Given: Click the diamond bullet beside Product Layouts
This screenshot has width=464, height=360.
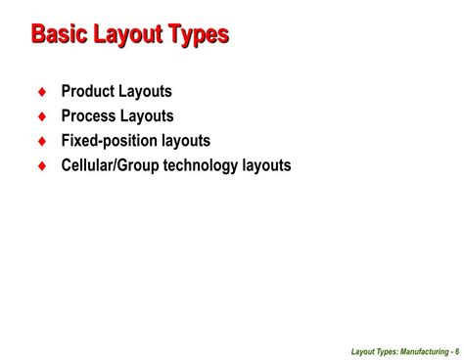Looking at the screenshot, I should pyautogui.click(x=41, y=92).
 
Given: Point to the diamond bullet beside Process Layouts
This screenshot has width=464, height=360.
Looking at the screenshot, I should pyautogui.click(x=41, y=116).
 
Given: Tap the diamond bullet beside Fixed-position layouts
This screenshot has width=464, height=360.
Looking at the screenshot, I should pyautogui.click(x=41, y=141).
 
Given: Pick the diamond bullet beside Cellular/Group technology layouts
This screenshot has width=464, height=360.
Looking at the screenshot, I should pyautogui.click(x=41, y=165).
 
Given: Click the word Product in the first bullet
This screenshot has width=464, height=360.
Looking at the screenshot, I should pyautogui.click(x=89, y=92).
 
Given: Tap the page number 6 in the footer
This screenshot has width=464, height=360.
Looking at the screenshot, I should pyautogui.click(x=455, y=351).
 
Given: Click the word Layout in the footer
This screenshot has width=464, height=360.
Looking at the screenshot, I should pyautogui.click(x=339, y=351).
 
